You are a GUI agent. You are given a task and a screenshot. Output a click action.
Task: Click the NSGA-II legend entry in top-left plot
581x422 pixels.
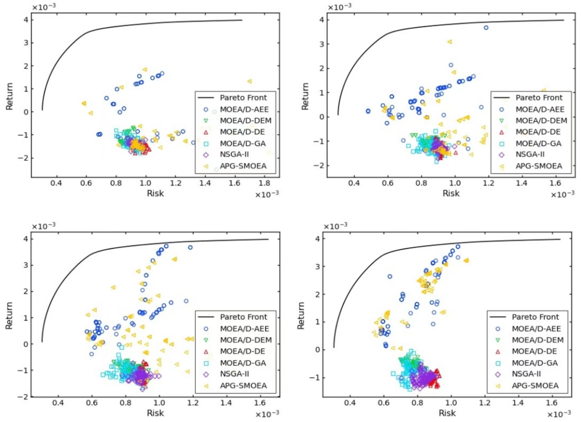pyautogui.click(x=234, y=154)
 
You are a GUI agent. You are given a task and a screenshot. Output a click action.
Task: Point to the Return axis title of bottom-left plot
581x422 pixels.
pyautogui.click(x=9, y=316)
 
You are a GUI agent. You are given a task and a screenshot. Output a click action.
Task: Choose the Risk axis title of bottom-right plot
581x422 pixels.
pyautogui.click(x=447, y=413)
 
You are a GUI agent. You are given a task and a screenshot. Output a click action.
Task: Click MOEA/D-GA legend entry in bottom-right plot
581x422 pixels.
pyautogui.click(x=535, y=363)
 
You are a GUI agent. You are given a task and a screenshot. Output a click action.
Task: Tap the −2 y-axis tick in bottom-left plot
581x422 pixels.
pyautogui.click(x=23, y=397)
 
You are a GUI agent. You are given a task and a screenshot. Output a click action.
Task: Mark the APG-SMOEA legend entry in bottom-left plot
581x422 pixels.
pyautogui.click(x=243, y=386)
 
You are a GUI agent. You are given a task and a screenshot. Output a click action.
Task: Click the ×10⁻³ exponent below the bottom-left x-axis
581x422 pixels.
pyautogui.click(x=267, y=414)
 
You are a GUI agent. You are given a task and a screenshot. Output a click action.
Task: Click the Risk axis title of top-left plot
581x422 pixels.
pyautogui.click(x=155, y=193)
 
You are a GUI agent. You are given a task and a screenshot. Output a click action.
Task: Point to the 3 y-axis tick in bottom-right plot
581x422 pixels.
pyautogui.click(x=318, y=266)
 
